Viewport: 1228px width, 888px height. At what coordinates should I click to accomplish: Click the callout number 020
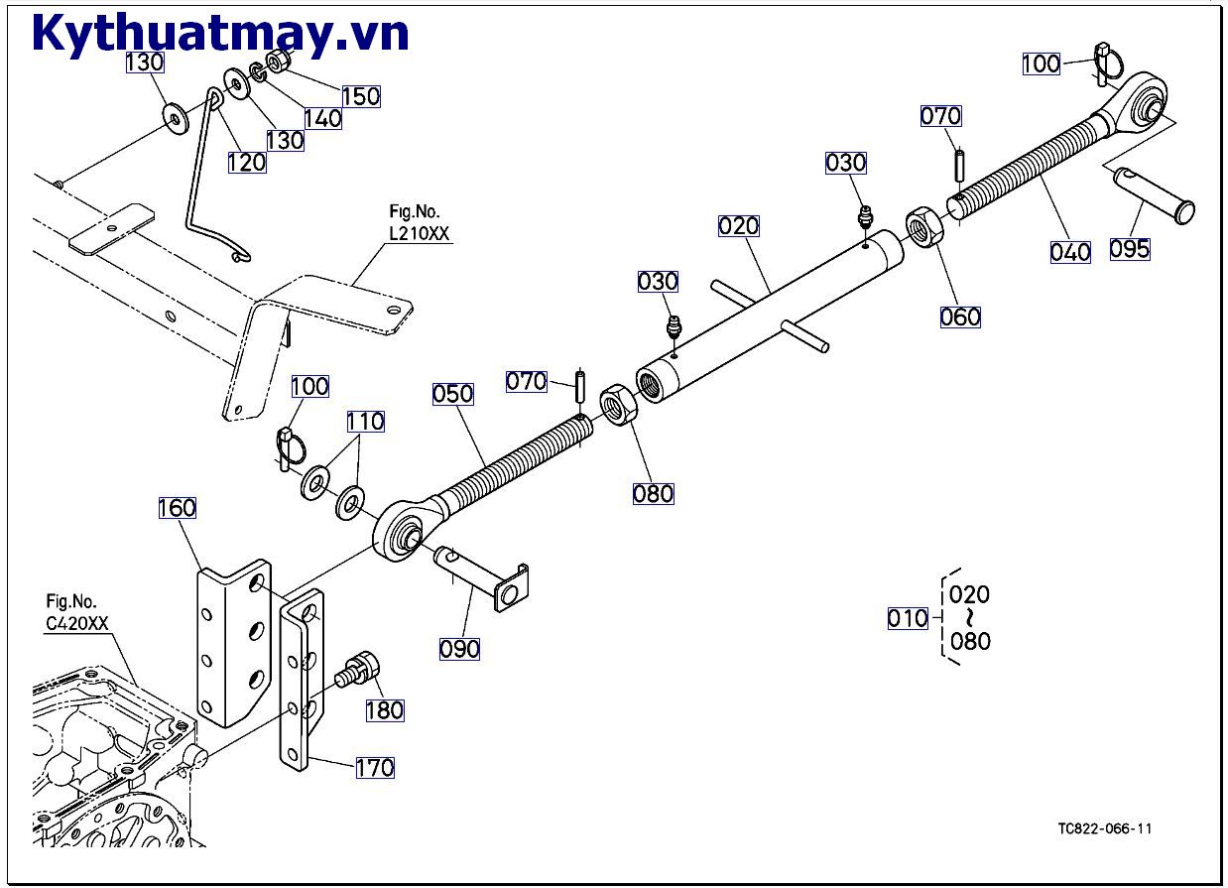coord(738,226)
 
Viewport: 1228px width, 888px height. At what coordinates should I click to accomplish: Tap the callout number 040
coord(1070,252)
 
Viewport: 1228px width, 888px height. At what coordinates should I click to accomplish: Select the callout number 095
coord(1129,248)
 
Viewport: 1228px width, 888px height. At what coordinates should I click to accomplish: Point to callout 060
coord(960,317)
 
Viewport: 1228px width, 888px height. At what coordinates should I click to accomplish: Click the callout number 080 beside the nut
coord(653,493)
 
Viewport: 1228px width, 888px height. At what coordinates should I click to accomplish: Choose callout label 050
coord(452,393)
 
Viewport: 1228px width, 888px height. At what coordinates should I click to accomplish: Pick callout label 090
coord(459,649)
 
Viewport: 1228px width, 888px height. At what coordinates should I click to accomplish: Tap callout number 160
coord(177,508)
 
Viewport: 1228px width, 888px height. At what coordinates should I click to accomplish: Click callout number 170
coord(374,767)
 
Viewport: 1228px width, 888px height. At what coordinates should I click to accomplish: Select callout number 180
coord(384,710)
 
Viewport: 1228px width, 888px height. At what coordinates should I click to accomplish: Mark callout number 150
coord(361,96)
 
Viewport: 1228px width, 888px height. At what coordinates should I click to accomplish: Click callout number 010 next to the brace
coord(907,619)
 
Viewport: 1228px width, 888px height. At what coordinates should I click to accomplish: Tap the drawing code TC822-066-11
coord(1104,829)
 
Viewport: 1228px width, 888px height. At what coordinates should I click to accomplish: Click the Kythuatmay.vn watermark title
coord(220,34)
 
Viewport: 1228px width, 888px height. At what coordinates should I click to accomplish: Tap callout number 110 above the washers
coord(365,422)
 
